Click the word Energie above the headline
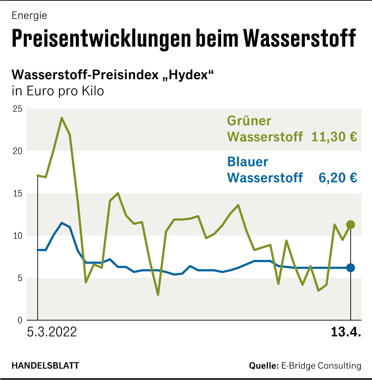click(29, 16)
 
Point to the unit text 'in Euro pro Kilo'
click(58, 91)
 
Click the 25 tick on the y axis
click(17, 109)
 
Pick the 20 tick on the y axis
click(17, 151)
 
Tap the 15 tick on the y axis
click(17, 194)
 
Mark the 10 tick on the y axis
click(17, 236)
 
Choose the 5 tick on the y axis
click(19, 278)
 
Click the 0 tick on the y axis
click(19, 320)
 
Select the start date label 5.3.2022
click(52, 332)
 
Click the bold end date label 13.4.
click(346, 332)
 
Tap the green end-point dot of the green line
click(350, 225)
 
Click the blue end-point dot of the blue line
click(350, 268)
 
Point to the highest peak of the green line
click(62, 118)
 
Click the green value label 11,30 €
click(334, 137)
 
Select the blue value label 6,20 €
click(338, 178)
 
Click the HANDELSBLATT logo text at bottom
click(45, 366)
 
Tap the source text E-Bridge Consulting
click(321, 366)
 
